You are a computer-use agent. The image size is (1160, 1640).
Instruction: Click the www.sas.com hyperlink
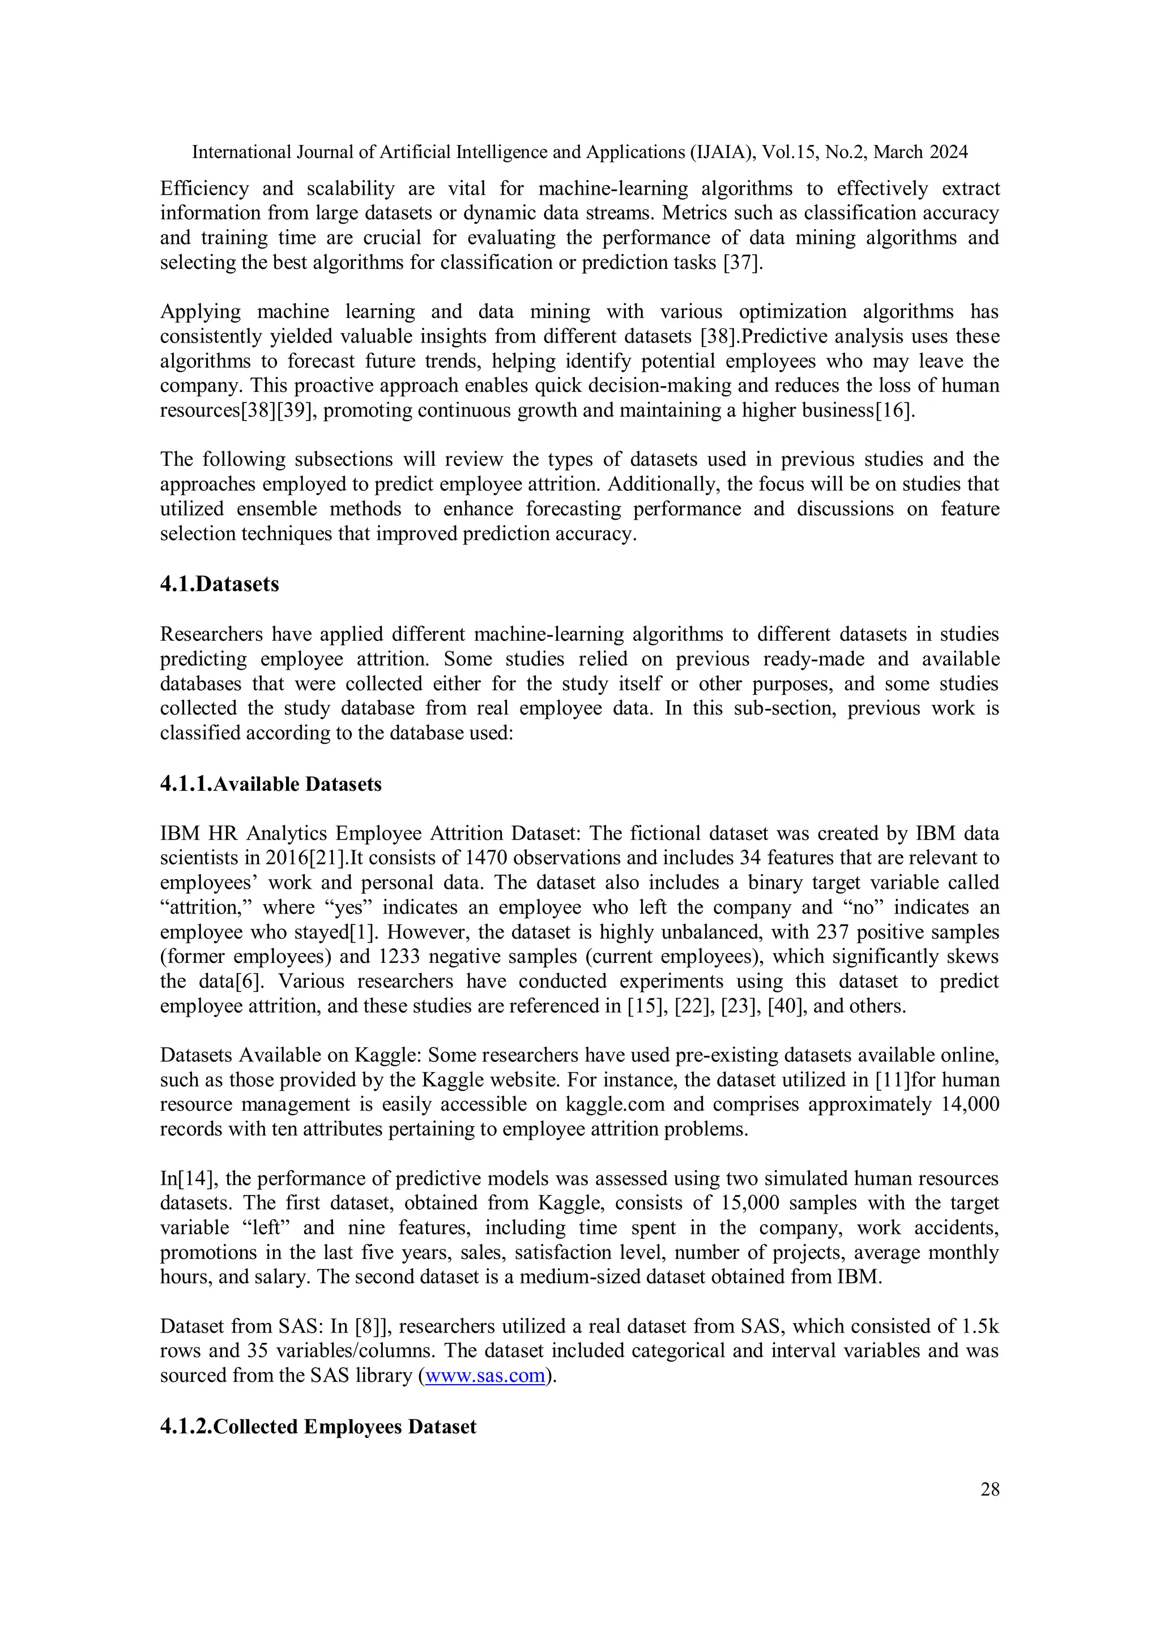(485, 1375)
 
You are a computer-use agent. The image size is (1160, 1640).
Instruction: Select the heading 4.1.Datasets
(219, 584)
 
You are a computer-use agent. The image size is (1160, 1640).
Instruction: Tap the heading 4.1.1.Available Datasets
(270, 783)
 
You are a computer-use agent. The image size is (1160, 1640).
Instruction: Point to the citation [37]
(743, 262)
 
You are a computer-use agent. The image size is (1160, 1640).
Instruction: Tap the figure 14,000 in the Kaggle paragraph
(970, 1104)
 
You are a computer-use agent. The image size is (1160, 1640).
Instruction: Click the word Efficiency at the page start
(204, 189)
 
